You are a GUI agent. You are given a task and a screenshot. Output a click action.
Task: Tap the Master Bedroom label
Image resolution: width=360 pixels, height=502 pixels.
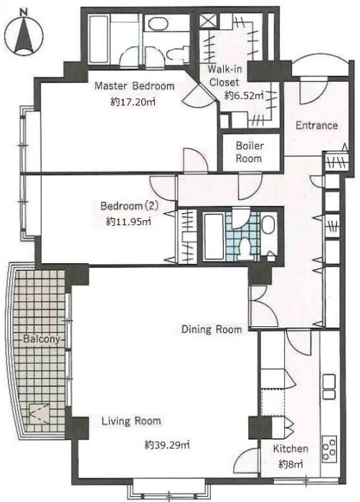(135, 86)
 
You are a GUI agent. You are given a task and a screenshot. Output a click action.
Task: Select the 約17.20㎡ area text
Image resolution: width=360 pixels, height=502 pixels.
(133, 102)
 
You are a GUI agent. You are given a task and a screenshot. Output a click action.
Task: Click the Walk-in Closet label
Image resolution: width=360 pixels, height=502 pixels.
(224, 75)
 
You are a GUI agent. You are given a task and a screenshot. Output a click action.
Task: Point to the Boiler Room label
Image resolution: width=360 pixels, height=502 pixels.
(249, 152)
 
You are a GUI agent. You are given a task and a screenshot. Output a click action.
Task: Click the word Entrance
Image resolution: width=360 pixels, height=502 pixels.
(316, 126)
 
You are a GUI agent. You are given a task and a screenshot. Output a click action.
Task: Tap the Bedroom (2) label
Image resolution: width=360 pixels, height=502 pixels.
(129, 206)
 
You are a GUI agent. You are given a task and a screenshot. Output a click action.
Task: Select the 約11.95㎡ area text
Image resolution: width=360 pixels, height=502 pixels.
(128, 221)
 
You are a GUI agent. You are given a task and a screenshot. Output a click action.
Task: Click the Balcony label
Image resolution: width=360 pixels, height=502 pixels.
(42, 339)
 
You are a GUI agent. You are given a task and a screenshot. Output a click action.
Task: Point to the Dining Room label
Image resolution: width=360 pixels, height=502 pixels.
(212, 329)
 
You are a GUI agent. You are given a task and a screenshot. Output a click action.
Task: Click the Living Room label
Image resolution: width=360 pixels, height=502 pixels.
(131, 421)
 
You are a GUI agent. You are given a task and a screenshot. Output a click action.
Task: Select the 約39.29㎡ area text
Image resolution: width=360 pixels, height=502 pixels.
(166, 445)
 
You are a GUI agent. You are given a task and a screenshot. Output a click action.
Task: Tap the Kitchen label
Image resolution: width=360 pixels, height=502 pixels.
(290, 449)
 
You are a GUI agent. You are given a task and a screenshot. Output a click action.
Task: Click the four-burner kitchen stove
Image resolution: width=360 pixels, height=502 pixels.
(329, 449)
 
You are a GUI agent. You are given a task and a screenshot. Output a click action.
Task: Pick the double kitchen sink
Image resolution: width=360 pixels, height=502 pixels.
(329, 387)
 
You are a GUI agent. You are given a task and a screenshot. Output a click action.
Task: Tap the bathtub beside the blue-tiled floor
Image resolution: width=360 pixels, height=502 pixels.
(213, 237)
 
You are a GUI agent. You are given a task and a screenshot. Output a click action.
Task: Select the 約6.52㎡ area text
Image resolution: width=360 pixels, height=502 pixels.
(244, 95)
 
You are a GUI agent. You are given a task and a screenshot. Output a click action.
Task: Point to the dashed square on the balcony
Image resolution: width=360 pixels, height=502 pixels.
(39, 415)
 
